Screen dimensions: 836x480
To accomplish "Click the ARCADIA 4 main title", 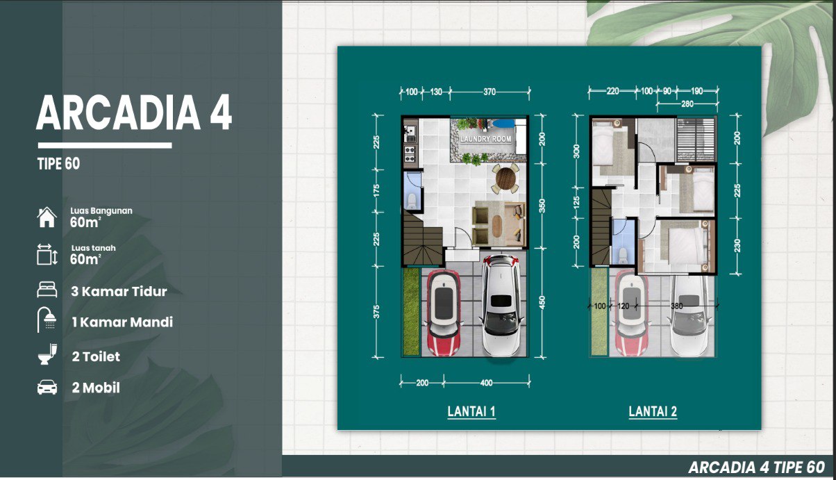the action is click(134, 112).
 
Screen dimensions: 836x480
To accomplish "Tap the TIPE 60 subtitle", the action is click(58, 164).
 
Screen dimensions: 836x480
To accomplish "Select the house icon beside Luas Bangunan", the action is click(47, 217).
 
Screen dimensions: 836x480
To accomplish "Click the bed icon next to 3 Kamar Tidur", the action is click(47, 290).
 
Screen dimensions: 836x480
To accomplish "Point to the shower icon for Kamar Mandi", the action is click(47, 320).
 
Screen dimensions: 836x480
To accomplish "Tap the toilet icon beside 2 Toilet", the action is click(47, 354).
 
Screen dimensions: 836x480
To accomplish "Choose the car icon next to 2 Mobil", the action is click(47, 387).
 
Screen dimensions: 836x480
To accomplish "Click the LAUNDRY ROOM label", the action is click(485, 139).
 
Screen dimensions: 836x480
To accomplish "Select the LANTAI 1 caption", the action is click(471, 411).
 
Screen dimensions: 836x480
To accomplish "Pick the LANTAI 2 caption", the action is click(653, 411).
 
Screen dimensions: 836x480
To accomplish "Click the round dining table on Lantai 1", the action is click(505, 179).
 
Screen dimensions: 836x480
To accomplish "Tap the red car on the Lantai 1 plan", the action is click(444, 313).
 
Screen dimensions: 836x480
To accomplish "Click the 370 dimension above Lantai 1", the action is click(490, 92).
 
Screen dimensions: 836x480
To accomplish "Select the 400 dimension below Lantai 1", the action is click(486, 383).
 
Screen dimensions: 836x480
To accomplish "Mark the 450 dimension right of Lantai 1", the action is click(542, 302).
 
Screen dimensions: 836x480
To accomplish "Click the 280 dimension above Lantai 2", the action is click(687, 104).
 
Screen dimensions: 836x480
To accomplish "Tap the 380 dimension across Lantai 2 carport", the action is click(676, 306).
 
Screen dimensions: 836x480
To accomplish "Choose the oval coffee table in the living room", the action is click(496, 226).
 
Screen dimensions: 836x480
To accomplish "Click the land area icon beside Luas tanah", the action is click(47, 254).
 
